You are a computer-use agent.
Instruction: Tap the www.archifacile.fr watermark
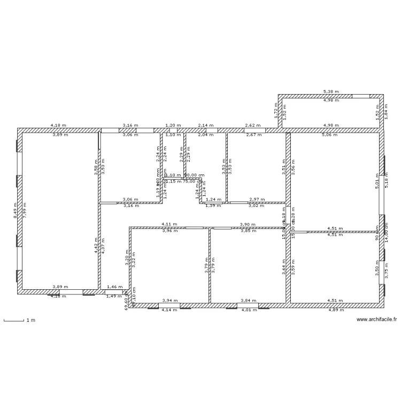tap(376, 320)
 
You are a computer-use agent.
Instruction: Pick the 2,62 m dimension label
tap(253, 126)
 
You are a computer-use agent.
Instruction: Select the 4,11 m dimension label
tap(169, 225)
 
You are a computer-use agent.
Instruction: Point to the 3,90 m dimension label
tap(248, 225)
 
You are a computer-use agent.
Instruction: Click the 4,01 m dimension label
tap(249, 310)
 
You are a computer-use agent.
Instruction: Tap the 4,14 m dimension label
tap(169, 310)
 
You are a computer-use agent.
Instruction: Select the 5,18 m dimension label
tap(386, 183)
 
